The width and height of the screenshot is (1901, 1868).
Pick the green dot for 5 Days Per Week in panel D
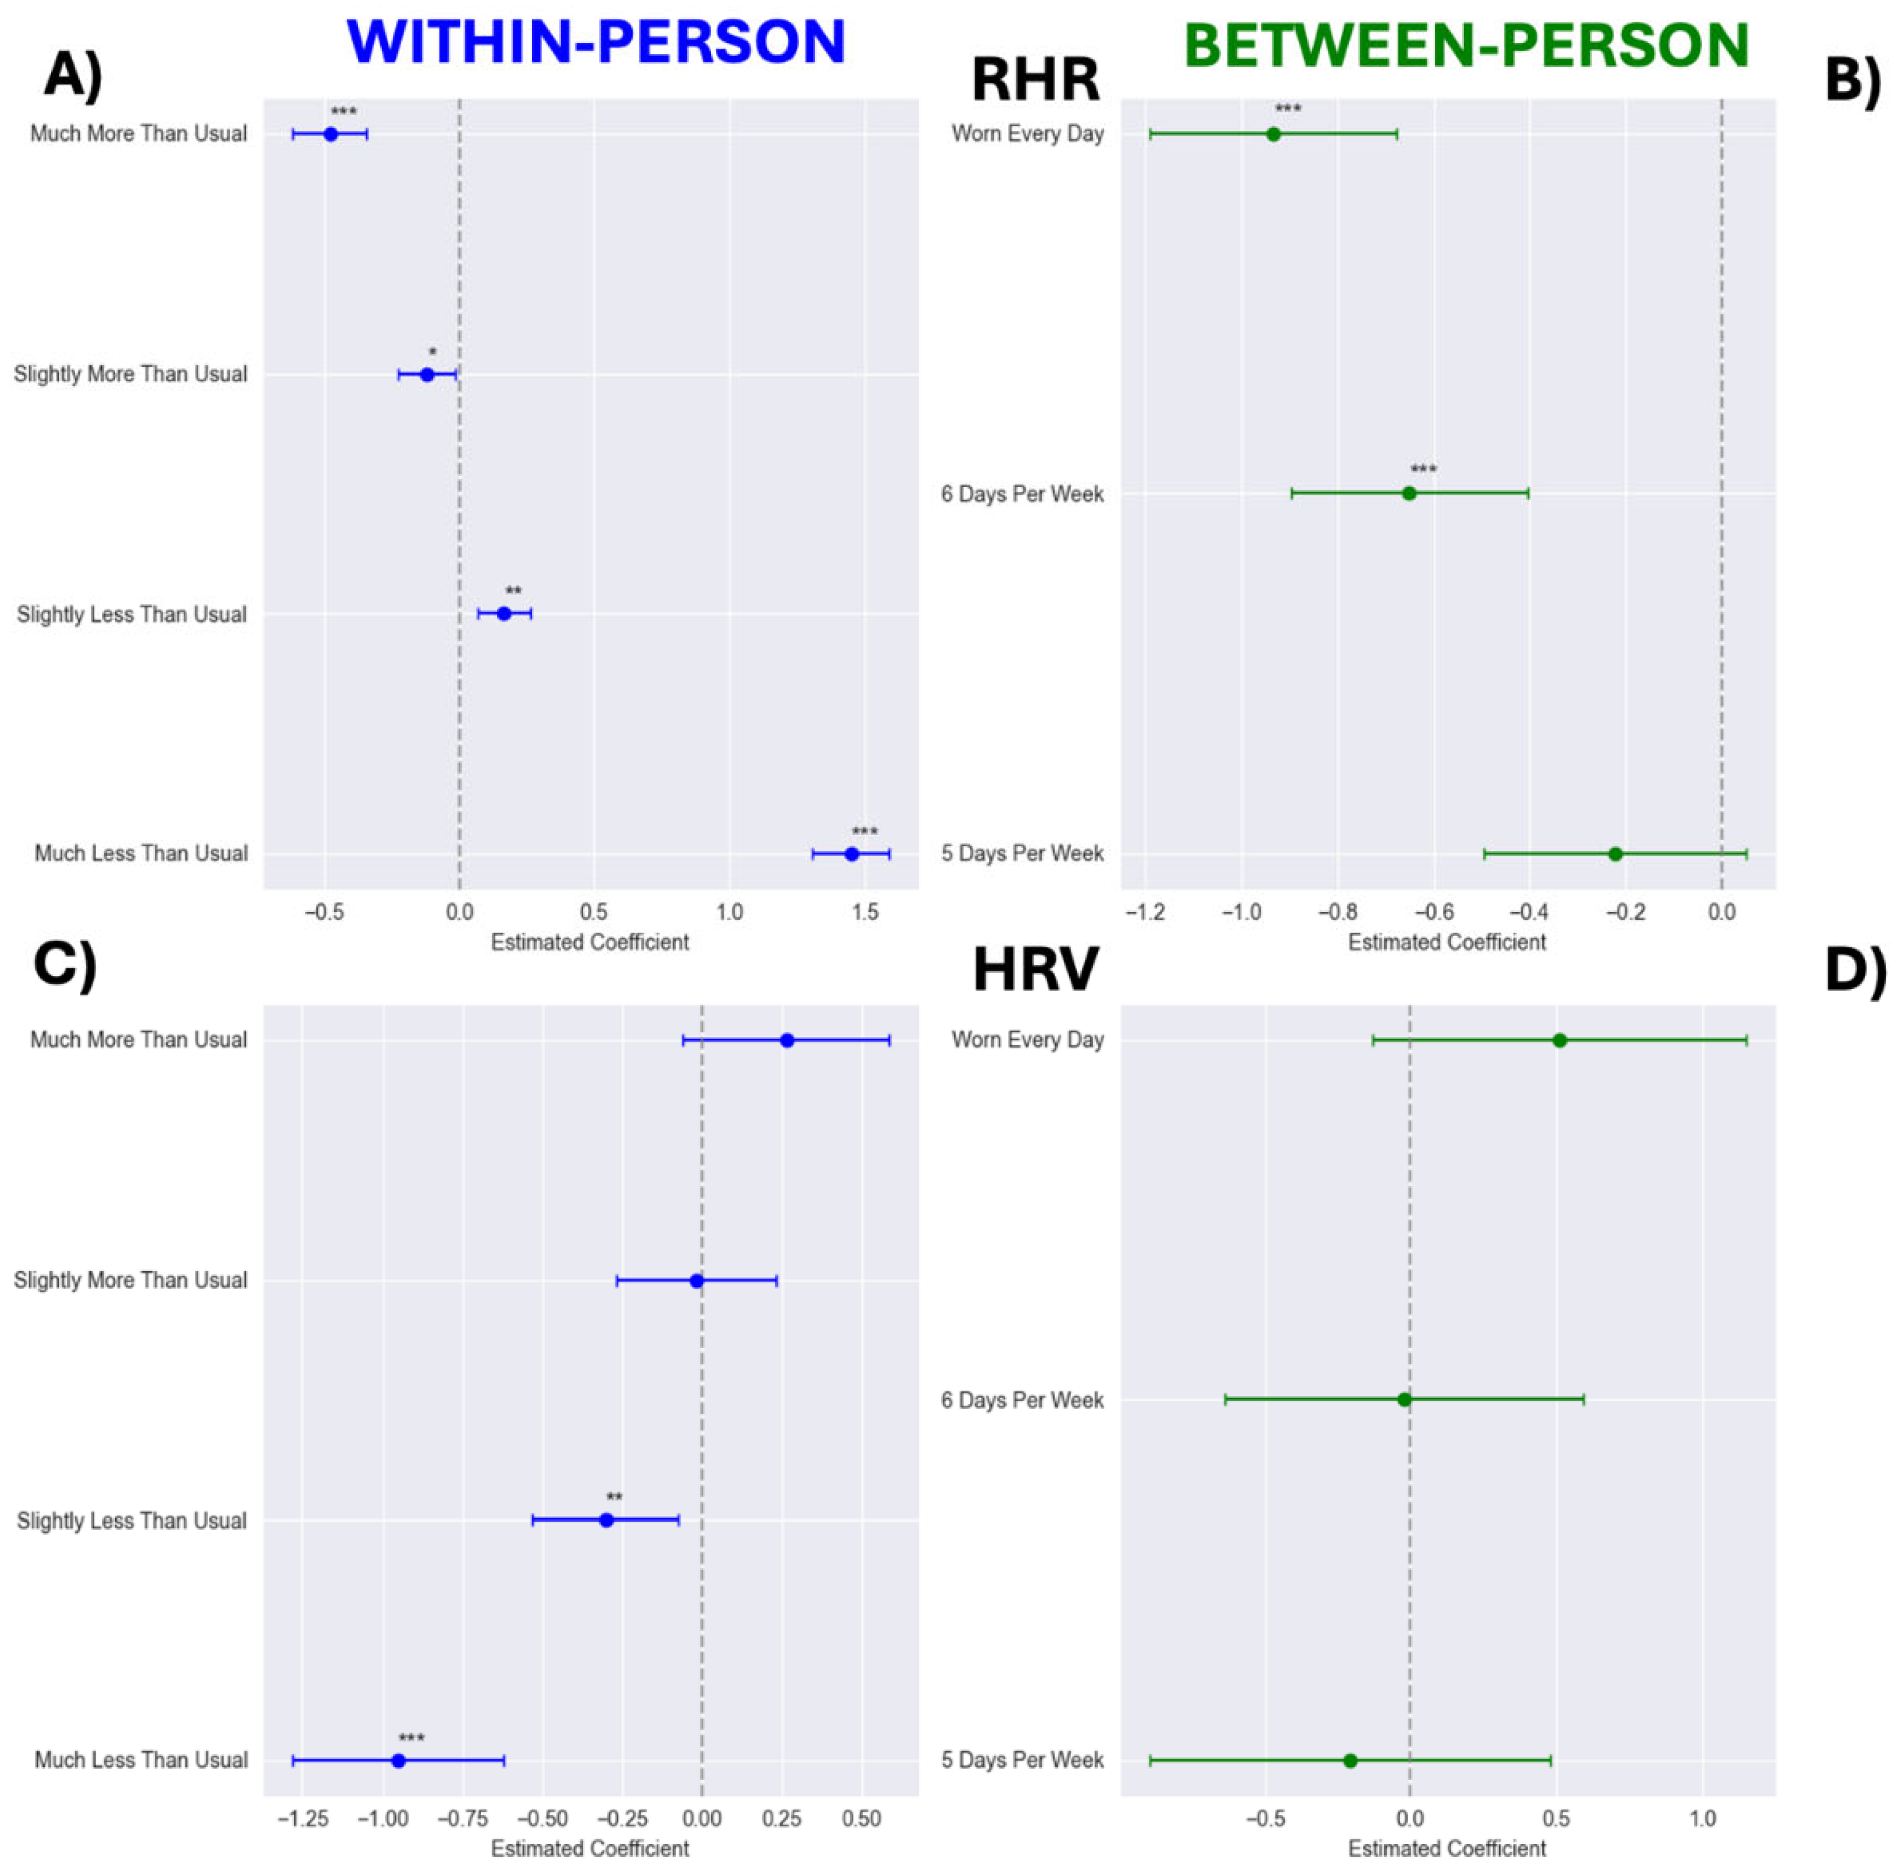tap(1349, 1760)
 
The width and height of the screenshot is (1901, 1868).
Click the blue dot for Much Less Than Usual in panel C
tap(398, 1760)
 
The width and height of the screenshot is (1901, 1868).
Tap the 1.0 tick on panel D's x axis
tap(1702, 1819)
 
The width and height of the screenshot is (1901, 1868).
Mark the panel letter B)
tap(1852, 79)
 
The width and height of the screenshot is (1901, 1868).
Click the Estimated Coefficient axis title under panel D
tap(1447, 1849)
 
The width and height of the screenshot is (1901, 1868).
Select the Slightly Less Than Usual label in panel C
tap(131, 1521)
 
